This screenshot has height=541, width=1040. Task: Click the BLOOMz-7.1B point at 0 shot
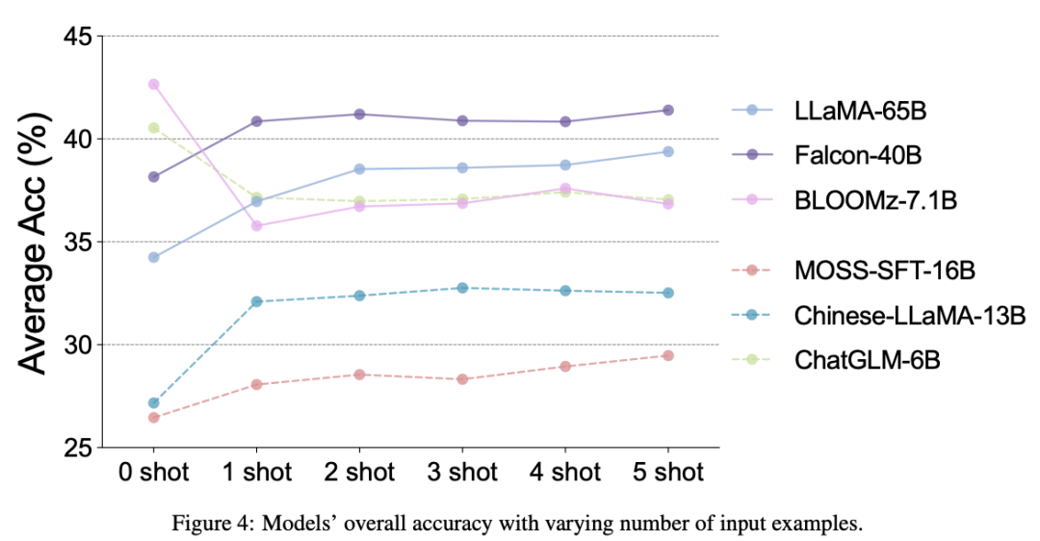pos(153,85)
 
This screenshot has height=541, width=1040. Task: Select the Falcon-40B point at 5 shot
pos(667,110)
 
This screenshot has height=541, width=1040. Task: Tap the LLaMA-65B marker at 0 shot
pos(153,257)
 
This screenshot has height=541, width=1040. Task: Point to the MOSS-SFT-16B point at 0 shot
pos(153,417)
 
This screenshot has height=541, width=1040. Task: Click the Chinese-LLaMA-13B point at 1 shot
pos(256,301)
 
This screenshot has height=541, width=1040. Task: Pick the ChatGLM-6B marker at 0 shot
pos(153,127)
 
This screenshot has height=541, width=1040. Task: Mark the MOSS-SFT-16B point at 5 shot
pos(667,355)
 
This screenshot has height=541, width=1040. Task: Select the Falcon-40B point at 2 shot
pos(359,115)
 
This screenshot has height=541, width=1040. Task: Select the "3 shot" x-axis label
pos(461,473)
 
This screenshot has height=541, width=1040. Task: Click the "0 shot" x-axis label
pos(153,473)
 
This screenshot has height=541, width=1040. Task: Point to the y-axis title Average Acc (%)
pos(37,241)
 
